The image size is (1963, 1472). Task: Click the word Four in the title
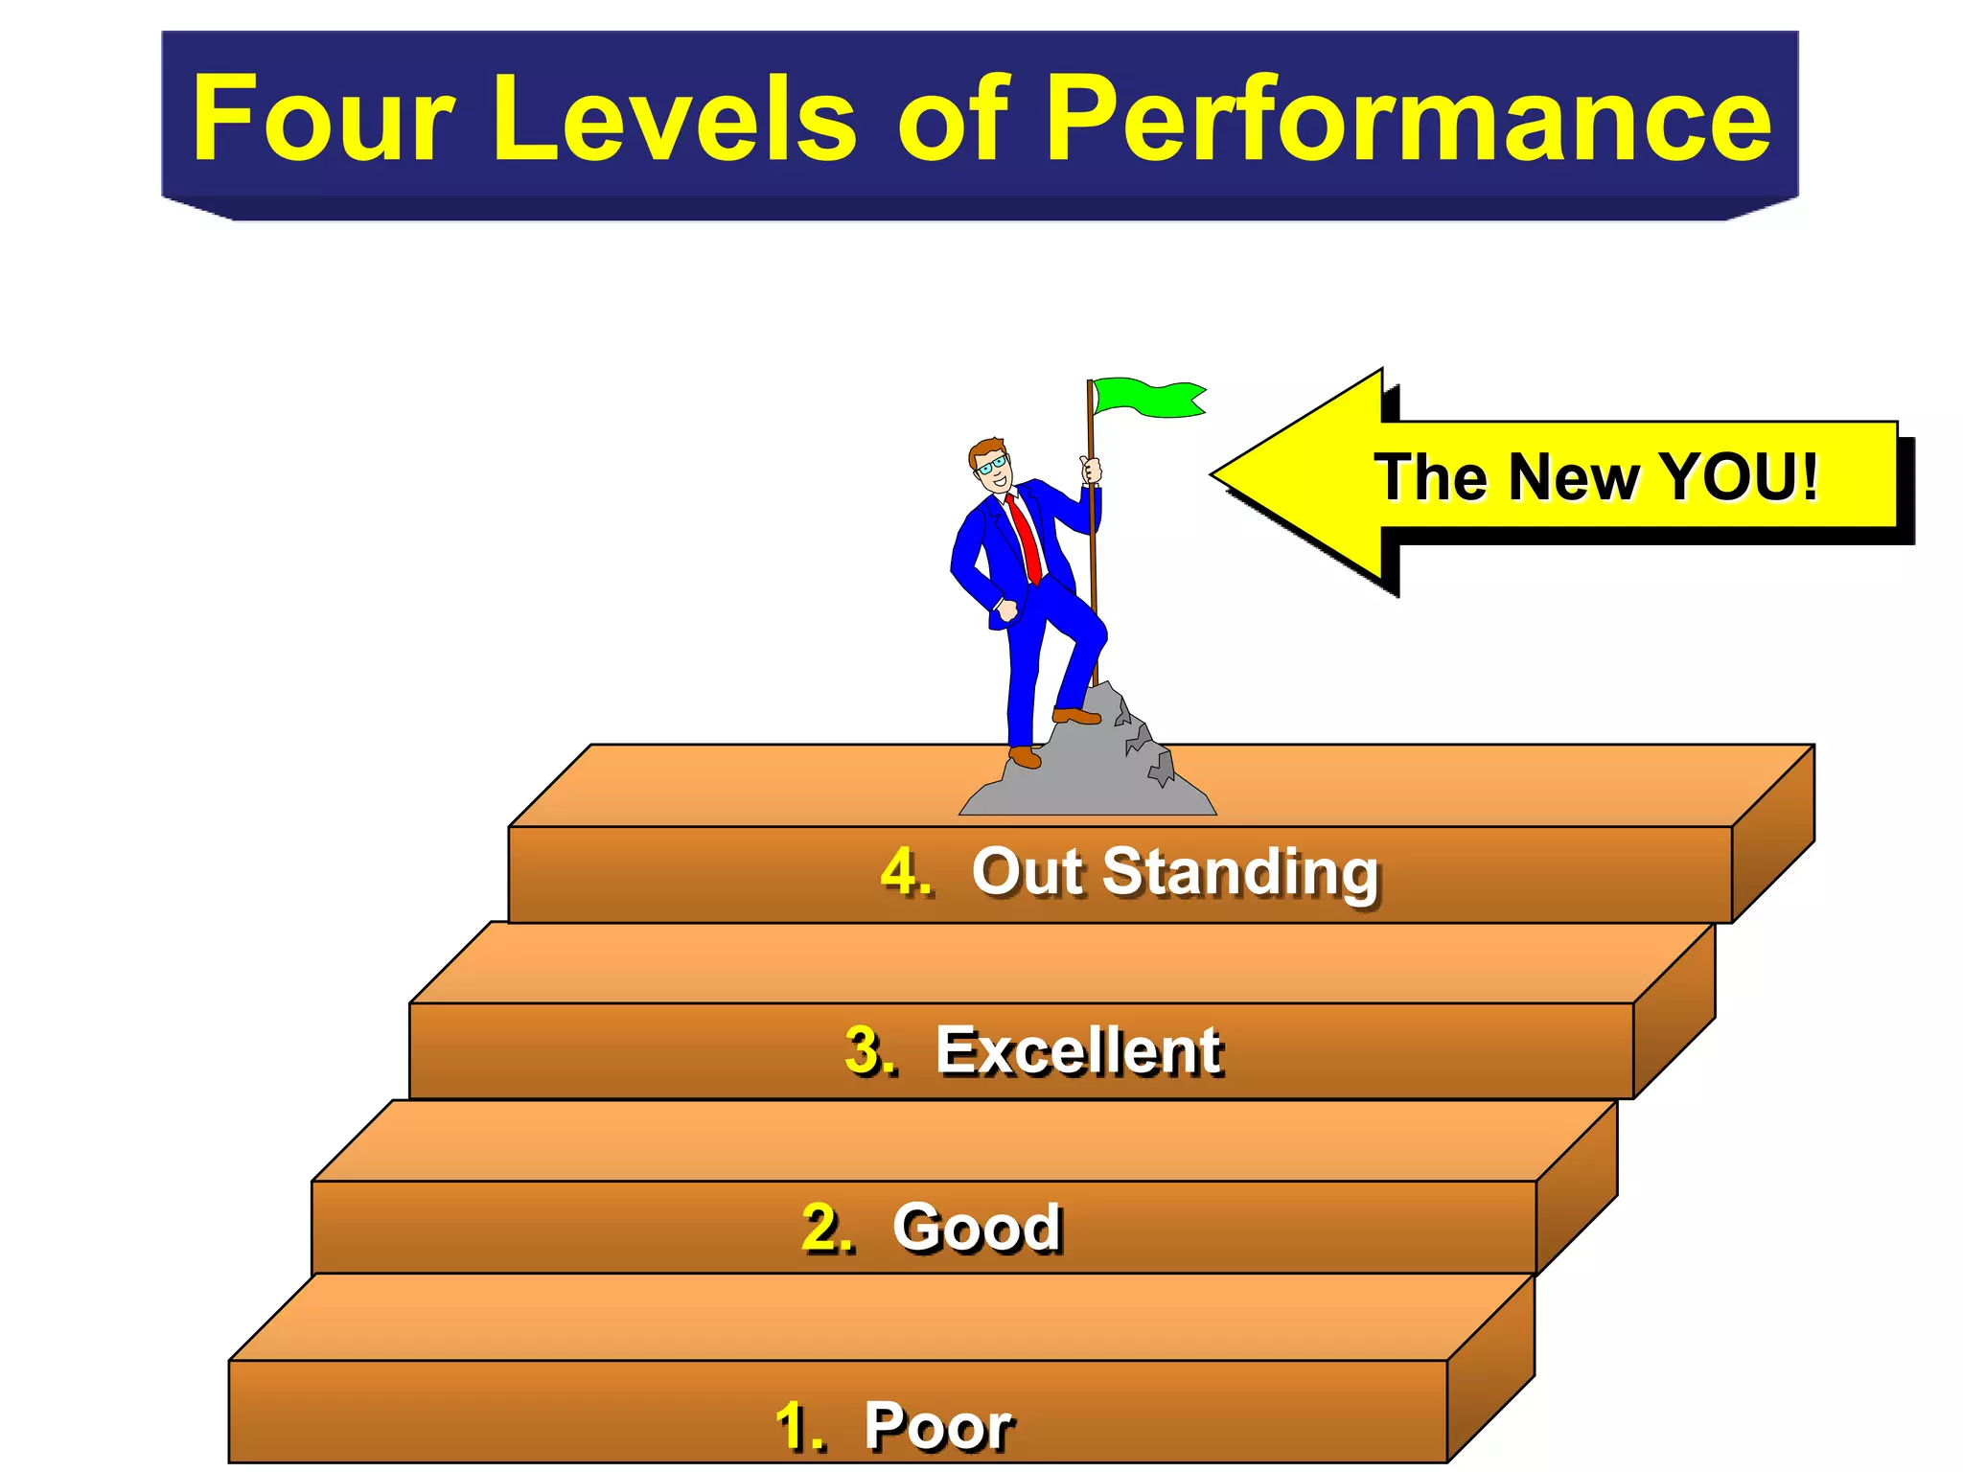pyautogui.click(x=321, y=119)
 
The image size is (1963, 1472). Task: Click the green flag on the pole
pyautogui.click(x=1145, y=398)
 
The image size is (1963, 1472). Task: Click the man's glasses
pyautogui.click(x=992, y=466)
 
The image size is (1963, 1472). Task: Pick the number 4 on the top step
pyautogui.click(x=905, y=872)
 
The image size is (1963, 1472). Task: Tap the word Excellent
pyautogui.click(x=1078, y=1050)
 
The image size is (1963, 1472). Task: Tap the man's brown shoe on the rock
pyautogui.click(x=1075, y=716)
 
